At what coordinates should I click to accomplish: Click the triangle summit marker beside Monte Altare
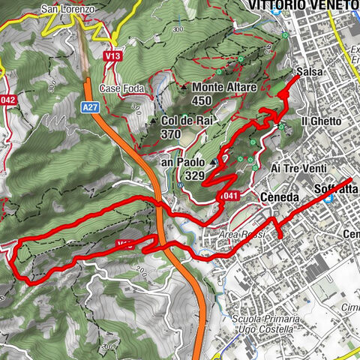coord(184,88)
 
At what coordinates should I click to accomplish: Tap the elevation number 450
coord(201,101)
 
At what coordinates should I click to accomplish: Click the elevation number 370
coord(171,134)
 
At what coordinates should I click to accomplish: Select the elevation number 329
coord(193,175)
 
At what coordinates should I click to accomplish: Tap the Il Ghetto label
coord(321,121)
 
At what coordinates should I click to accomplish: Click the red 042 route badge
coord(8,99)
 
